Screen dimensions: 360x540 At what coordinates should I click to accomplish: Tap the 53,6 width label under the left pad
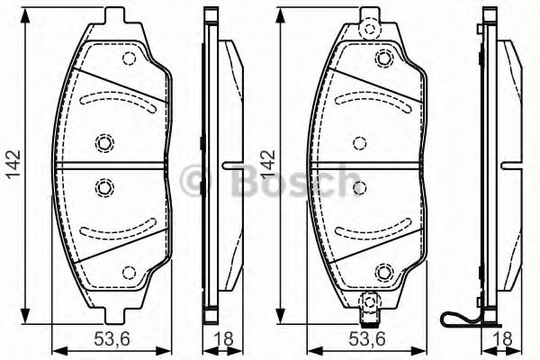point(112,338)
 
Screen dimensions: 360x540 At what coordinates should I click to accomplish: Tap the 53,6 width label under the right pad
point(367,338)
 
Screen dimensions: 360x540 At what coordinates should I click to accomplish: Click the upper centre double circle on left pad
point(104,141)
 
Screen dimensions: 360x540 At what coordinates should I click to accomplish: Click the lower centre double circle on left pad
point(104,188)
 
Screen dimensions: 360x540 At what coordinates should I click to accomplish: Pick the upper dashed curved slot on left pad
point(117,100)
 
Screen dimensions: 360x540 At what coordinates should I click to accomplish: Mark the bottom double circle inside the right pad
point(384,270)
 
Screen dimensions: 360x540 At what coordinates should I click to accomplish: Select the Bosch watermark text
point(270,183)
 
